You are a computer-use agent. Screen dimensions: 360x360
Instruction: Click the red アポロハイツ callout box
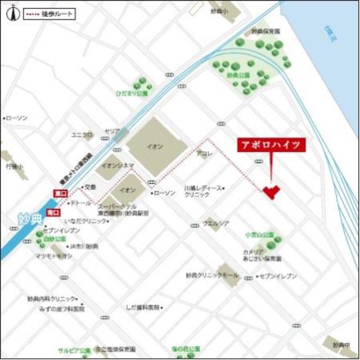pyautogui.click(x=272, y=145)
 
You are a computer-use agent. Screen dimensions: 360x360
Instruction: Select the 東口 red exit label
pyautogui.click(x=59, y=193)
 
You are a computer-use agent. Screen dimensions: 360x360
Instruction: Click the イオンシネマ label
pyautogui.click(x=117, y=165)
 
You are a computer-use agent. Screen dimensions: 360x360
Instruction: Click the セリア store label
pyautogui.click(x=112, y=131)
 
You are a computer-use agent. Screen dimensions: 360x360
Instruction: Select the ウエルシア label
pyautogui.click(x=217, y=223)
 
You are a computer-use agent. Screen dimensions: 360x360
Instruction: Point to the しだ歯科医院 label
pyautogui.click(x=142, y=308)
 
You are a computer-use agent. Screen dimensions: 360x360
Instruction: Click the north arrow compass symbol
pyautogui.click(x=10, y=14)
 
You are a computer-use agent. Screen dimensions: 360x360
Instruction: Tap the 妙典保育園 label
pyautogui.click(x=266, y=31)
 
